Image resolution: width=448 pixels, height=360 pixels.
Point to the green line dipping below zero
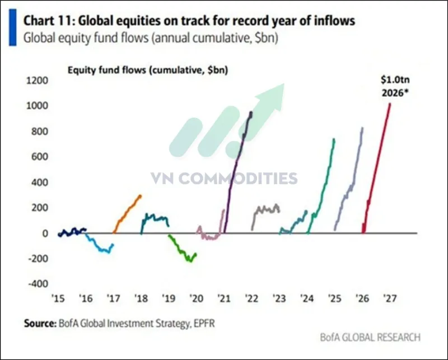(183, 250)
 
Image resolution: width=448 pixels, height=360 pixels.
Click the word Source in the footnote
(38, 324)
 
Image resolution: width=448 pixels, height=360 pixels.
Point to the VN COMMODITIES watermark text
(224, 179)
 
